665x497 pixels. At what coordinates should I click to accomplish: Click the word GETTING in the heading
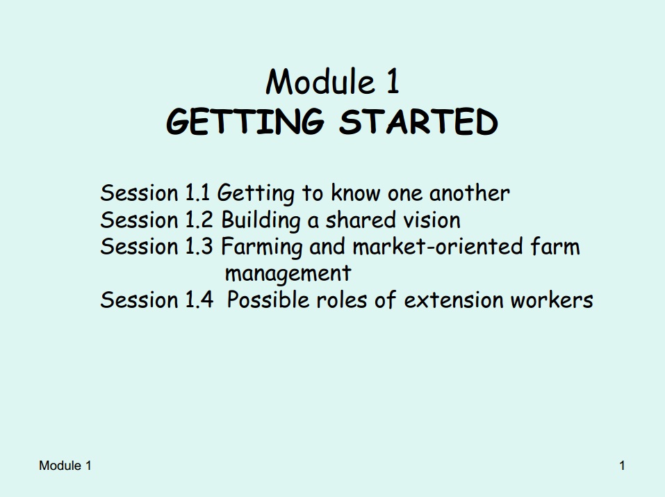tap(245, 122)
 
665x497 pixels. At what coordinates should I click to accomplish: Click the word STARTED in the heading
tap(418, 122)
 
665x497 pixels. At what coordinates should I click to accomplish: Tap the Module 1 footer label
tap(65, 466)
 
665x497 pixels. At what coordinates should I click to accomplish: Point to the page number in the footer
tap(622, 466)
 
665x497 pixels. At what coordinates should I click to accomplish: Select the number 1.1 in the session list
tap(197, 193)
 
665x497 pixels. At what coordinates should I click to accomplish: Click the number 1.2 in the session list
tap(199, 220)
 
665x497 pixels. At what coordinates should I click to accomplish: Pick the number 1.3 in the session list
tap(199, 247)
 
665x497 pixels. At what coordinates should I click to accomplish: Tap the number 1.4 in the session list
tap(199, 300)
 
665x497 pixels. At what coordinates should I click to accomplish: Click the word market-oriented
tap(437, 247)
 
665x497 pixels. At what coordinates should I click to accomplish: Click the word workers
tap(552, 300)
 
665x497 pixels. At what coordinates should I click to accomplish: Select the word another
tap(470, 193)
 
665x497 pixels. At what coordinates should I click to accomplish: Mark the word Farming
tap(262, 247)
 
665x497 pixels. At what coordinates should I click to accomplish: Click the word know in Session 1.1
tap(355, 193)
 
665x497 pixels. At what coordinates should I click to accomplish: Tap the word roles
tap(341, 300)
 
